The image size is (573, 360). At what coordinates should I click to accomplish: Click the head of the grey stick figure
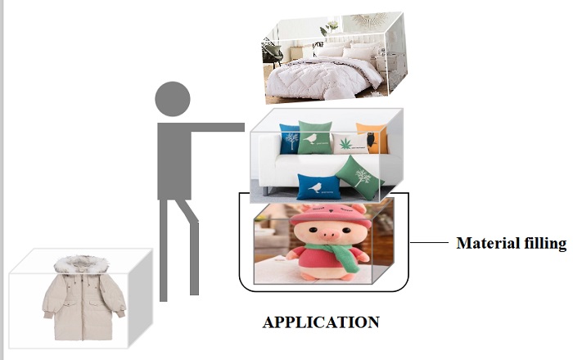coord(173,99)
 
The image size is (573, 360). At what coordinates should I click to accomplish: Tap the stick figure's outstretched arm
coord(218,128)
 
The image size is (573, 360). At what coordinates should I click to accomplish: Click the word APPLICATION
coord(321,322)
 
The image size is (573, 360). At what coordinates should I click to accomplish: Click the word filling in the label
coord(544,243)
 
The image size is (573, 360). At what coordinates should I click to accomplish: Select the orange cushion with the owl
coord(371,138)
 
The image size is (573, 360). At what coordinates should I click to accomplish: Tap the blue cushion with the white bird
coord(314,187)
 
